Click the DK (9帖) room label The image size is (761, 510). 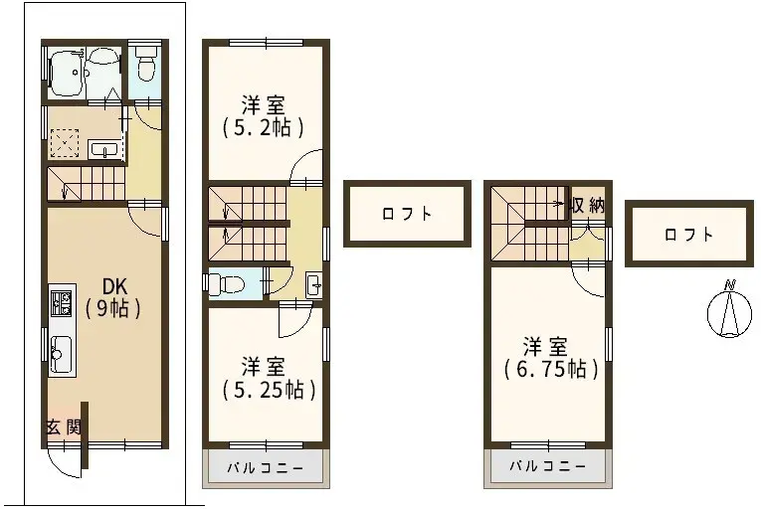pyautogui.click(x=113, y=298)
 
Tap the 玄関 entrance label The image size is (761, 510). pyautogui.click(x=63, y=427)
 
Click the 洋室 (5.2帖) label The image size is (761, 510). pyautogui.click(x=263, y=116)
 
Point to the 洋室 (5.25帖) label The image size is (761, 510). pyautogui.click(x=270, y=378)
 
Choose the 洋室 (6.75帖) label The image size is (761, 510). pyautogui.click(x=550, y=358)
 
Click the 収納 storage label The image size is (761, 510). pyautogui.click(x=588, y=206)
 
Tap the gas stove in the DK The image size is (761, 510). pyautogui.click(x=62, y=302)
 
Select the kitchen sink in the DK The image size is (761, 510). pyautogui.click(x=62, y=354)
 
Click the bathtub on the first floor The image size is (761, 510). pyautogui.click(x=67, y=74)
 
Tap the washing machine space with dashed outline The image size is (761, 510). pyautogui.click(x=65, y=143)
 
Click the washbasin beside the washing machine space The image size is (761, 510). pyautogui.click(x=104, y=149)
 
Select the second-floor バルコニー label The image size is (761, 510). pyautogui.click(x=266, y=468)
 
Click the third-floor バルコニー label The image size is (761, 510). pyautogui.click(x=547, y=467)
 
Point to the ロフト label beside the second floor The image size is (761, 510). pyautogui.click(x=407, y=214)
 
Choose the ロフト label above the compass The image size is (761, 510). pyautogui.click(x=688, y=235)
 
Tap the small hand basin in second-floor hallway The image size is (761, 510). pyautogui.click(x=313, y=284)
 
